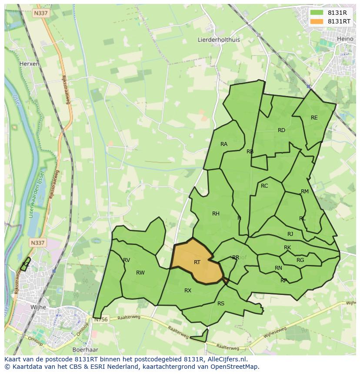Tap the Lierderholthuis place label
219,40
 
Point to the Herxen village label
29,63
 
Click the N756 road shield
100,319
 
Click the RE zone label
314,118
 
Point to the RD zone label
281,130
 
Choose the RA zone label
224,144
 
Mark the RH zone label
216,213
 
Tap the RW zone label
140,273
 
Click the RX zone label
188,291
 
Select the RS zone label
221,304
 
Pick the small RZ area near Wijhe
26,265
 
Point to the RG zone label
300,260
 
